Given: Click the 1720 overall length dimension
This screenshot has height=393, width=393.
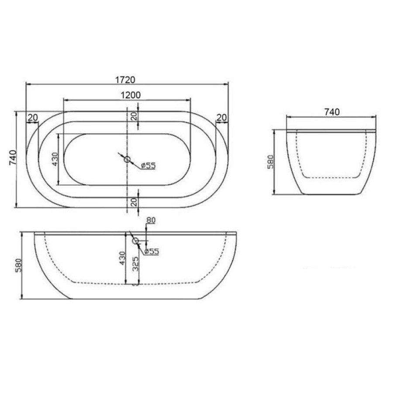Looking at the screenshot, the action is (125, 80).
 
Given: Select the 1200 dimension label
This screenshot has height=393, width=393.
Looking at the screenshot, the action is (131, 95).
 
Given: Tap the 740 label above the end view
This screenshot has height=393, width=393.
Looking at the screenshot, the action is (332, 112).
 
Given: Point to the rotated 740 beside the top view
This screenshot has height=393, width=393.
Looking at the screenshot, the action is (13, 158).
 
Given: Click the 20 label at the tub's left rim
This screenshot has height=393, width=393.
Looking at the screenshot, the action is (33, 117).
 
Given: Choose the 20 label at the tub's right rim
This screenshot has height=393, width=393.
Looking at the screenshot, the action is (221, 117).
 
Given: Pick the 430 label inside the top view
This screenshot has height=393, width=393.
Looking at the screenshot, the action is (55, 159).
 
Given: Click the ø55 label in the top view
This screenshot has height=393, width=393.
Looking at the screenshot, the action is (148, 165).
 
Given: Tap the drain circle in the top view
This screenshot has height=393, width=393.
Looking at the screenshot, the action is (128, 159).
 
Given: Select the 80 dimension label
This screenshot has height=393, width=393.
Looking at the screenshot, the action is (151, 221).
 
